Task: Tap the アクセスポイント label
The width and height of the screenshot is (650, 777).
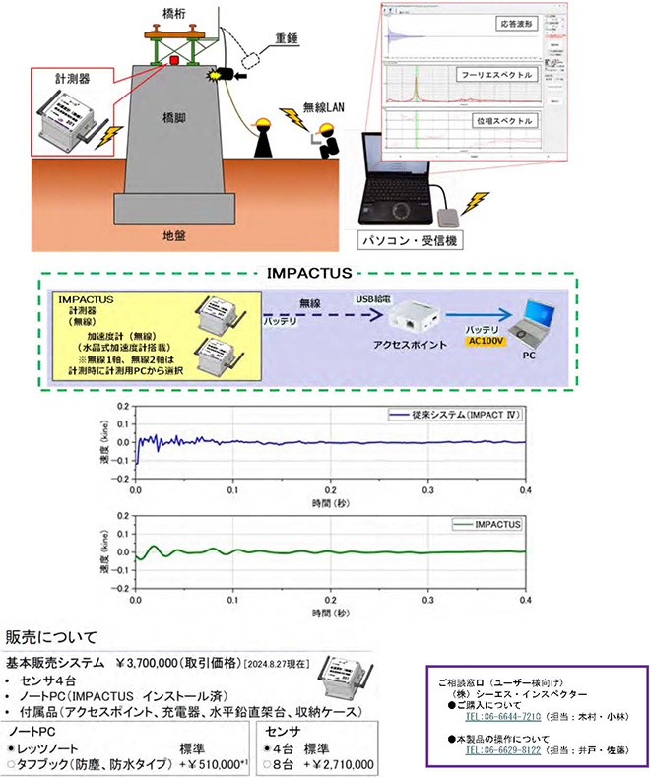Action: [419, 348]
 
